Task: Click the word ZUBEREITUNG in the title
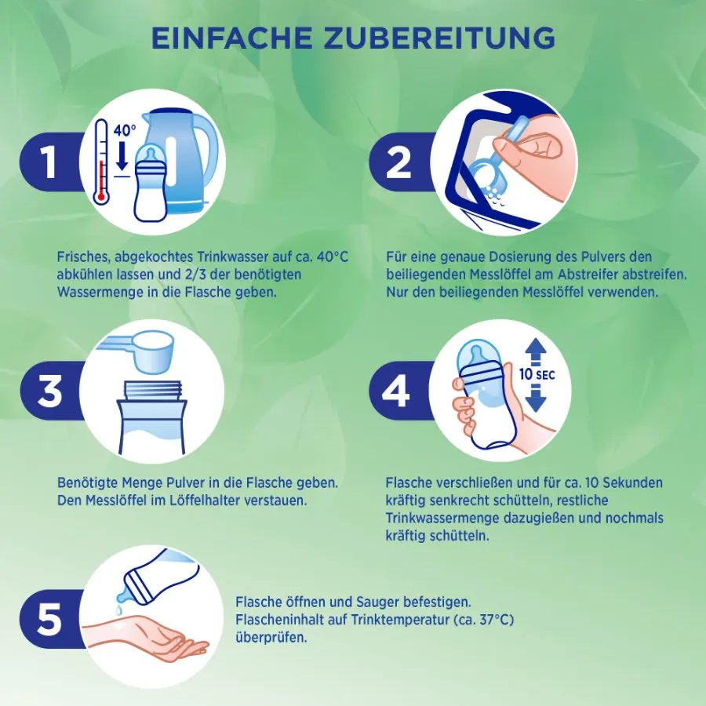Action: (439, 38)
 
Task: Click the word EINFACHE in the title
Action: (232, 38)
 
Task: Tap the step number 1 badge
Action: (49, 162)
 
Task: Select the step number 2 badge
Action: (399, 162)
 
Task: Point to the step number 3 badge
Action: (49, 391)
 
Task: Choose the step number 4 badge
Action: (397, 391)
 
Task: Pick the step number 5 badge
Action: (49, 619)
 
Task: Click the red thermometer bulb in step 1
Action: (101, 196)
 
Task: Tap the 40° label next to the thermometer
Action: (124, 130)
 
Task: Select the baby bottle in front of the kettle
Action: (151, 184)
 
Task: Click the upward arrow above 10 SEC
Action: (536, 351)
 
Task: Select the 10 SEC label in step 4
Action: (537, 374)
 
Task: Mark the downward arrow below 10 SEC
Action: (536, 398)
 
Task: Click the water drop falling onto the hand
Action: (118, 610)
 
